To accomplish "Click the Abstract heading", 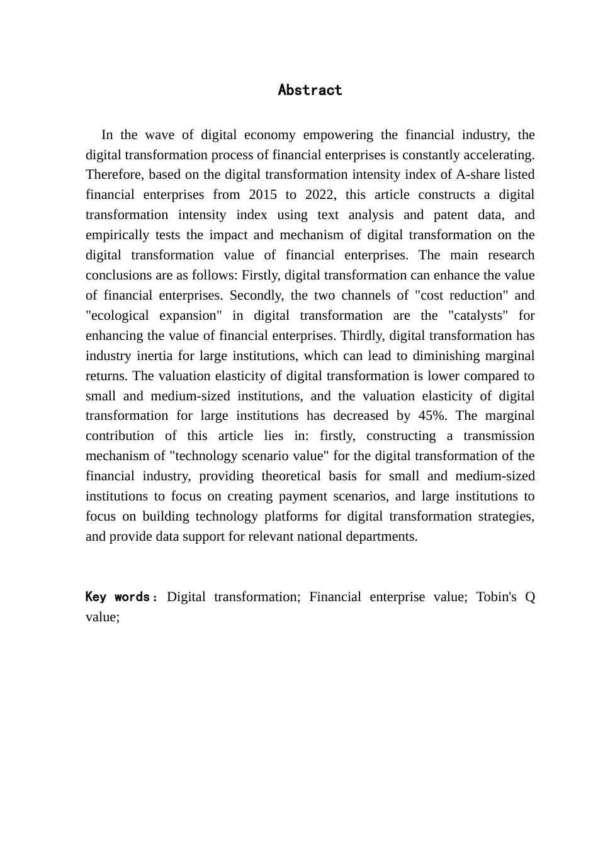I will pos(310,90).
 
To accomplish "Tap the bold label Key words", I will pos(117,597).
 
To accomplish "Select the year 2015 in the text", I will pos(262,195).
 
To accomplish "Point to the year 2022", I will pos(320,195).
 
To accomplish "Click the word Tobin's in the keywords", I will pos(495,597).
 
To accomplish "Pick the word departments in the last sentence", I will pos(383,536).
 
